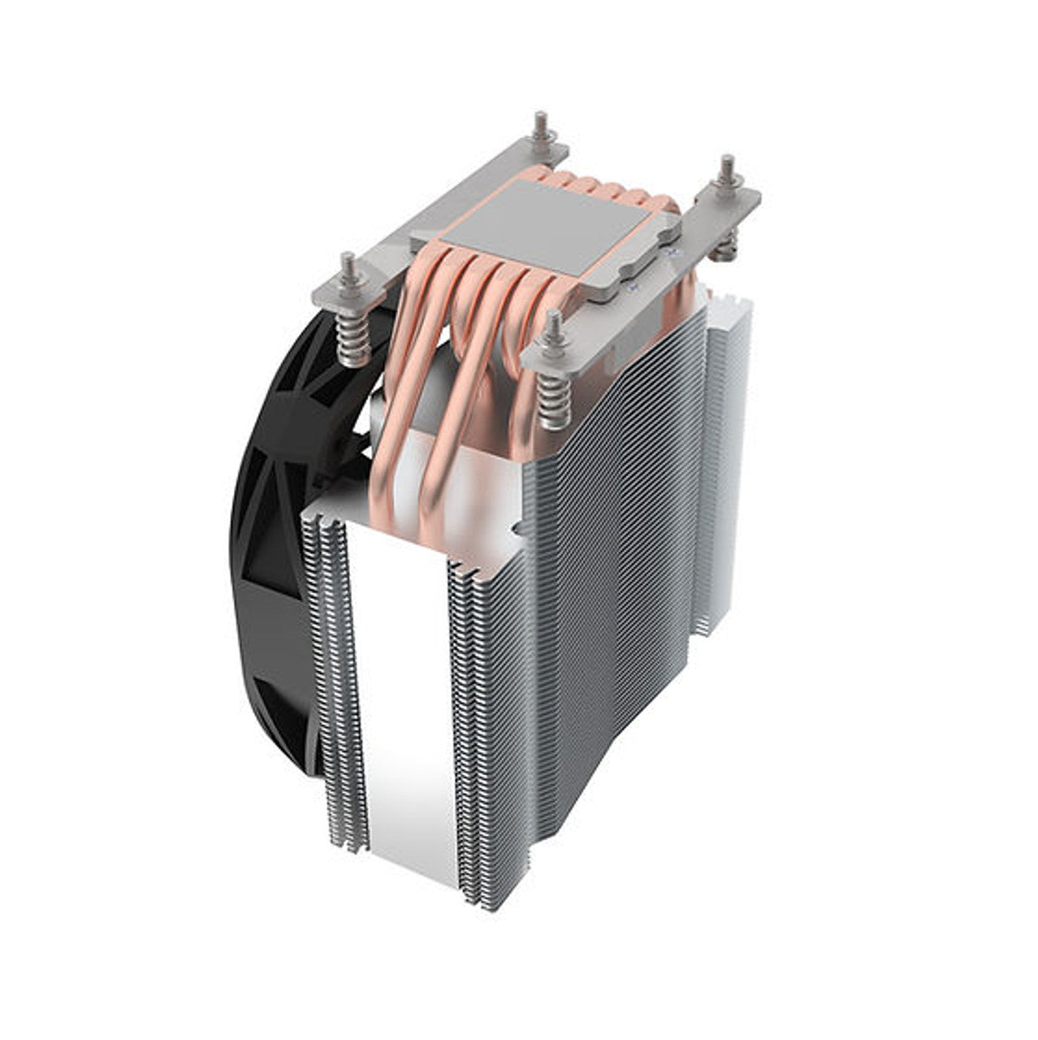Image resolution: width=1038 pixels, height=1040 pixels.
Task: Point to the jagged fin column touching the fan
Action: [x=333, y=674]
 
